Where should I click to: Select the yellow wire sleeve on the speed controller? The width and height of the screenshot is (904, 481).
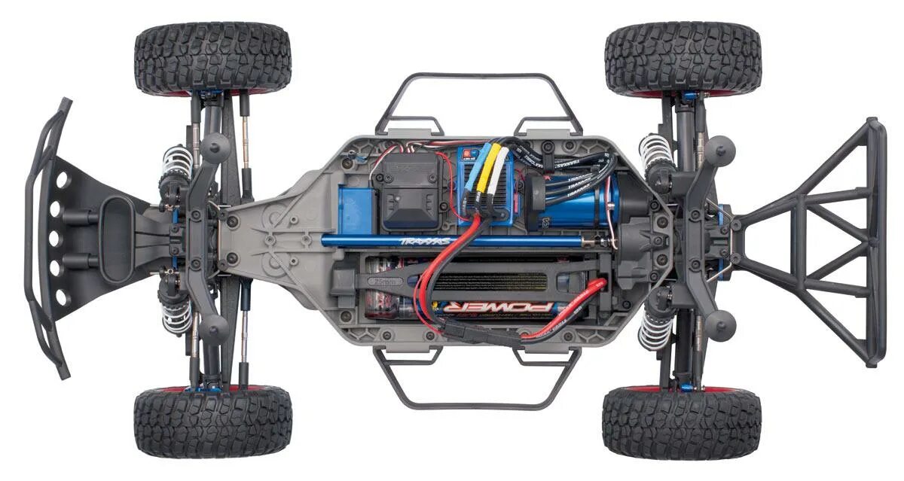pos(488,172)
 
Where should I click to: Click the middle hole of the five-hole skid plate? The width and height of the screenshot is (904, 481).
pos(56,239)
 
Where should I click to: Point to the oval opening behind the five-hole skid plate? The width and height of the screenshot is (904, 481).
pos(118,239)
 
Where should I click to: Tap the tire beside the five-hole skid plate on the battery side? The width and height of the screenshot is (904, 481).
pos(213,422)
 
